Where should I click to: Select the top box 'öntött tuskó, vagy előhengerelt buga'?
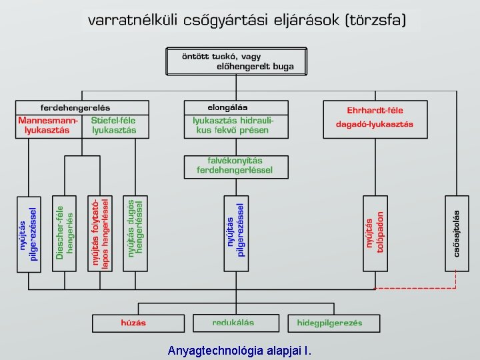pos(237,61)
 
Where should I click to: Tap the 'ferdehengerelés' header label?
pos(75,107)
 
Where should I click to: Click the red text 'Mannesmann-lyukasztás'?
pos(47,125)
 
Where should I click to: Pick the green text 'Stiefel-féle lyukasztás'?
pos(114,125)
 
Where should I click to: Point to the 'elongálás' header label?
pos(227,107)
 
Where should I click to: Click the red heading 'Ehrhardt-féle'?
pos(375,111)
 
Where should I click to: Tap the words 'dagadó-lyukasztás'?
pos(375,124)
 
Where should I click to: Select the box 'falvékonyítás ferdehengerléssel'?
pos(236,166)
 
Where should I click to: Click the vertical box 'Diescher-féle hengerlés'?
pos(65,233)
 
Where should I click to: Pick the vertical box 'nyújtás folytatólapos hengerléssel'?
pos(100,233)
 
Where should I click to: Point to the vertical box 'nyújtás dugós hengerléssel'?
pos(135,233)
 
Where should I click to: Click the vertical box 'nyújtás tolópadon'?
pos(375,233)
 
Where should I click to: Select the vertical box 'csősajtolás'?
pos(457,233)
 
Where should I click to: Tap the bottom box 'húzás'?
pos(133,323)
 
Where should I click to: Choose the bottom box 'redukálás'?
pos(233,323)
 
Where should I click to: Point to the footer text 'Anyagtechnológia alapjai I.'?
pos(239,351)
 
